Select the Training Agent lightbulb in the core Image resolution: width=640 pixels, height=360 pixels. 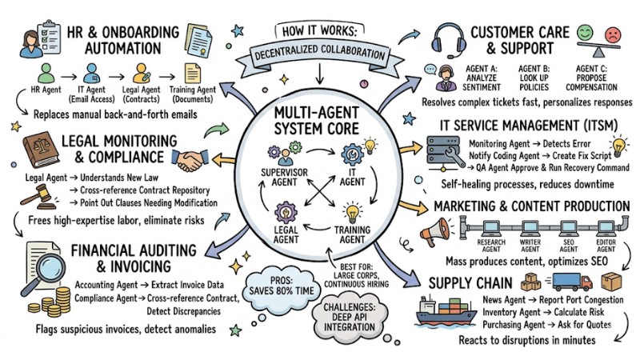[x=353, y=214]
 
